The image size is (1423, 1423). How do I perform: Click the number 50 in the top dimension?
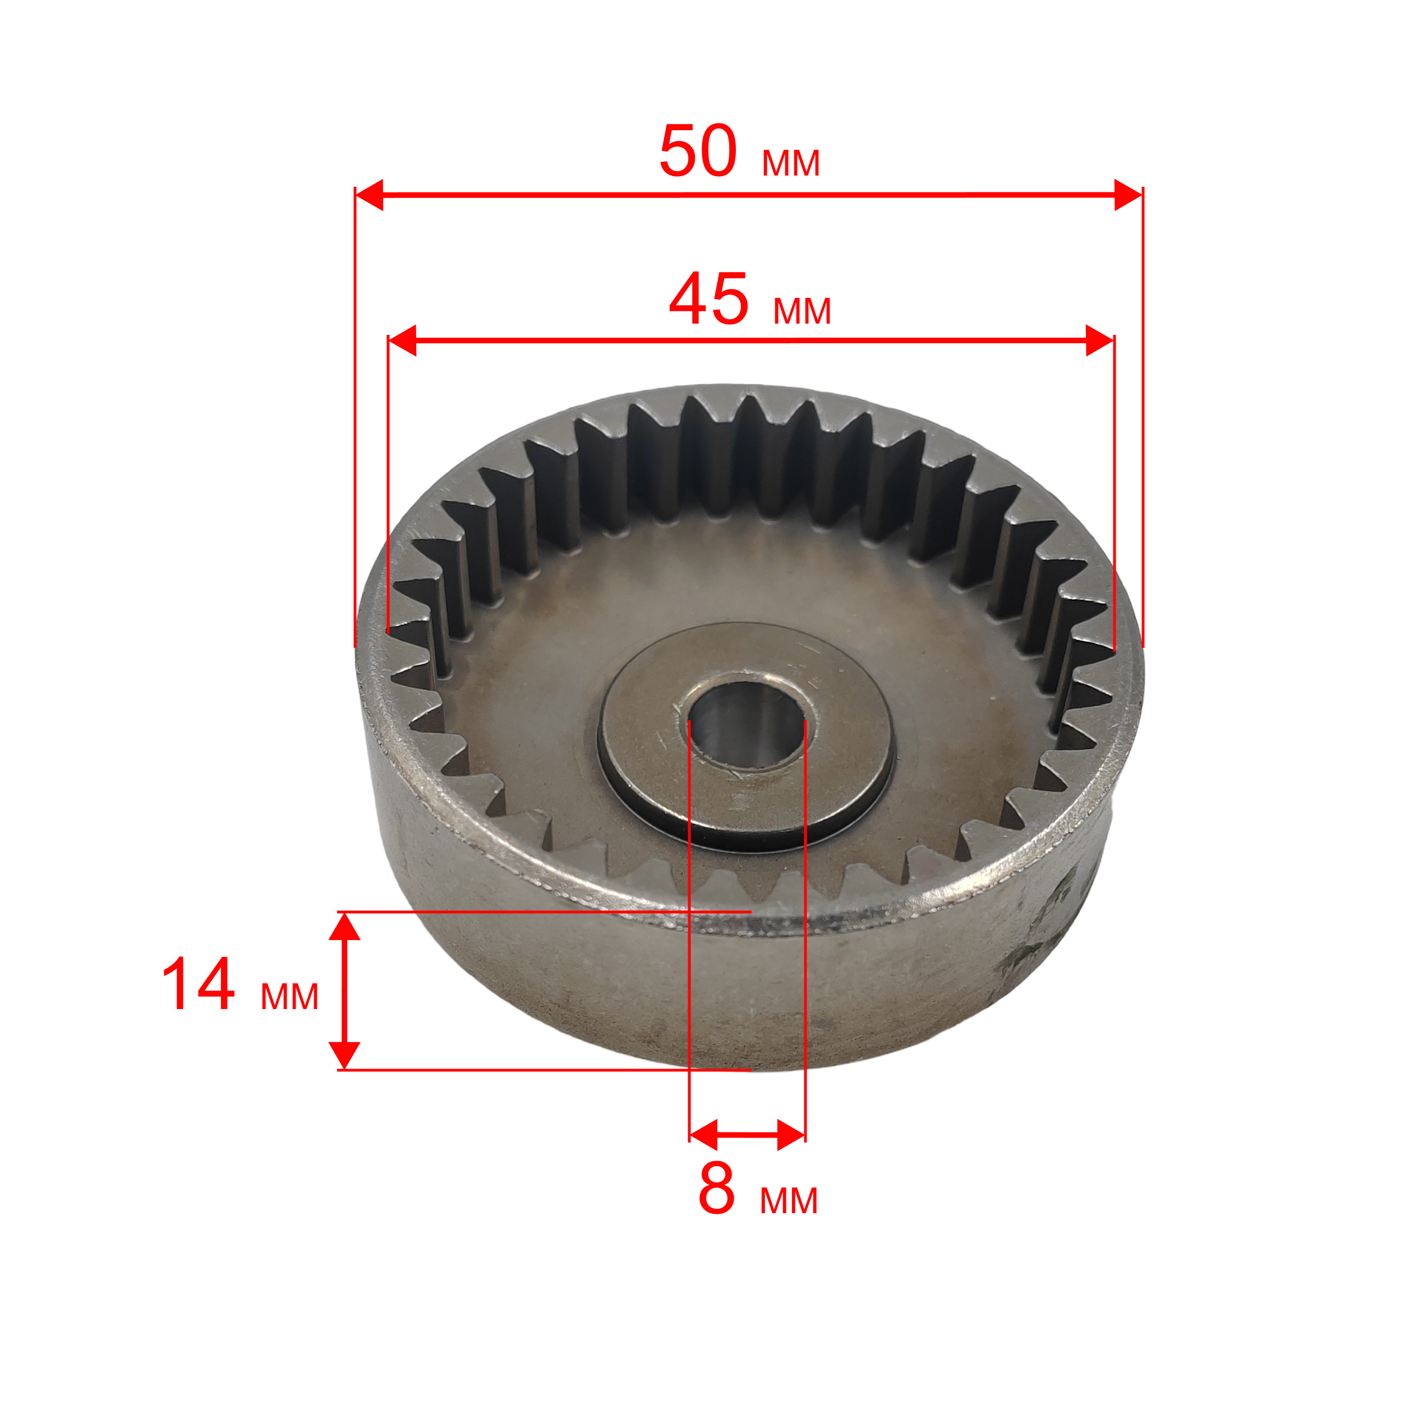698,151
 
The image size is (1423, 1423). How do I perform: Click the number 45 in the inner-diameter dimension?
708,299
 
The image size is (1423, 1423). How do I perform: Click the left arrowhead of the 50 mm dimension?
369,195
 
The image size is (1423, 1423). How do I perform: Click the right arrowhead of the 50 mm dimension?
1129,195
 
